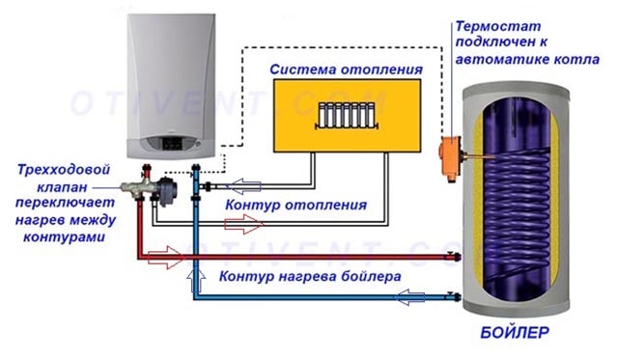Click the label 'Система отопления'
[346, 70]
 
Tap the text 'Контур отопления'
[295, 206]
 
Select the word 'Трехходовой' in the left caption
[58, 169]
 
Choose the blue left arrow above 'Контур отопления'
[240, 185]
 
